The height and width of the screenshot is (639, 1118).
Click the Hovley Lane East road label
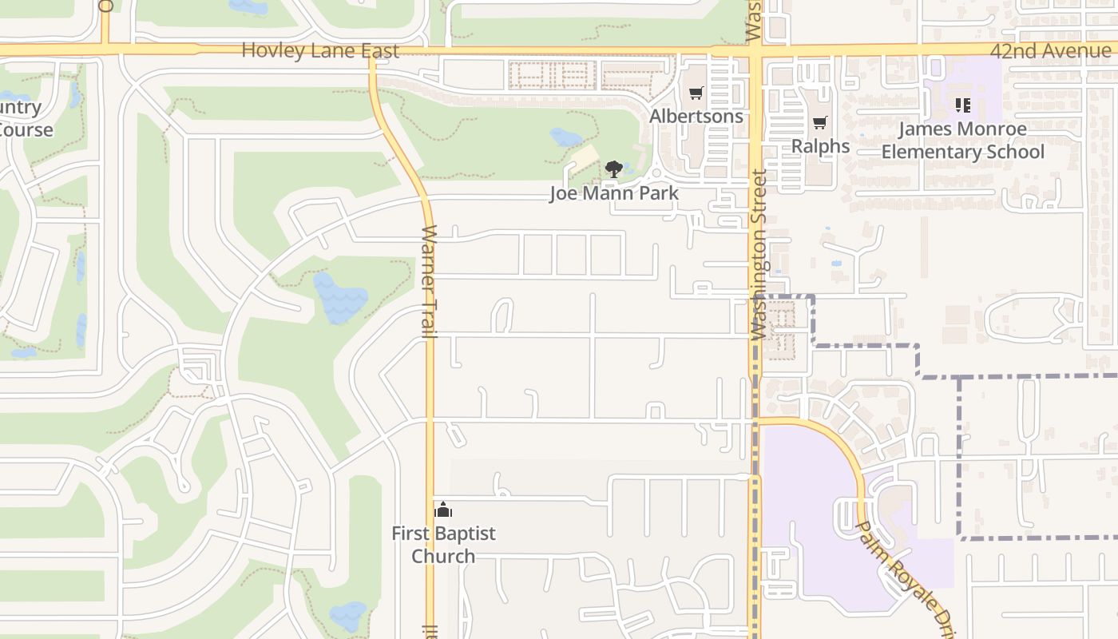coord(319,50)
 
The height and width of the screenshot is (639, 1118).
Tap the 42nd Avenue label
coord(1050,51)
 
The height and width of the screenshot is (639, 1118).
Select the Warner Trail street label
coord(430,281)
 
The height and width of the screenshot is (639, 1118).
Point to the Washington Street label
coord(758,253)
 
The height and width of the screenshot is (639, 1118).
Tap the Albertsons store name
coord(696,116)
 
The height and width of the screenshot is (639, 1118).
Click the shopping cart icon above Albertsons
coord(696,93)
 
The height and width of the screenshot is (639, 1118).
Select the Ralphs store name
coord(820,146)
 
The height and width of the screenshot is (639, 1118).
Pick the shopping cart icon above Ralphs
coord(819,123)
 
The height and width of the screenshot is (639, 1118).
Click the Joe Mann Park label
coord(614,193)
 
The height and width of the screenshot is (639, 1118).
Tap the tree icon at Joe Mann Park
coord(613,169)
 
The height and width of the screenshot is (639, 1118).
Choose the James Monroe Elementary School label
coord(962,141)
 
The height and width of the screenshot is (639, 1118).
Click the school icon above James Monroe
coord(962,105)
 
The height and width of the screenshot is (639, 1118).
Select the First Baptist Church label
coord(443,545)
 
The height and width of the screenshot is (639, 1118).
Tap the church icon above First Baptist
coord(443,509)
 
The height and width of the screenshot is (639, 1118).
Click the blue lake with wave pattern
coord(340,298)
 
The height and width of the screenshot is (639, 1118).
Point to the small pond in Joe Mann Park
coord(566,137)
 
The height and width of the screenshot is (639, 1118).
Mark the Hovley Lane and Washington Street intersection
coord(755,51)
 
